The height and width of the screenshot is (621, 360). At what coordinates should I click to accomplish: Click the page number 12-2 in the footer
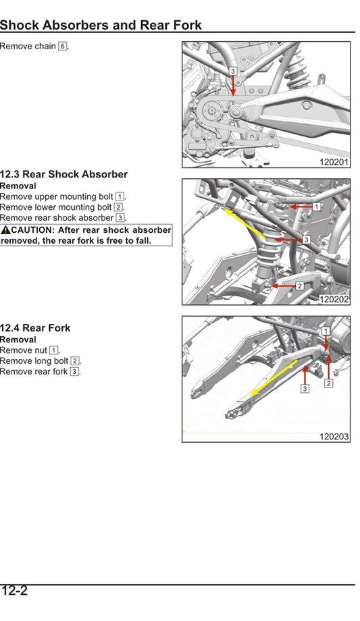(x=14, y=592)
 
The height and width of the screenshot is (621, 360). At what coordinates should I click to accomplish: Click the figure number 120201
(x=334, y=162)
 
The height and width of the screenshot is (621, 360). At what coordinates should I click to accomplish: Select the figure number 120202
(x=334, y=299)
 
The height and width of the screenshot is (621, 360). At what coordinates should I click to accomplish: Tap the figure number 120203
(x=334, y=437)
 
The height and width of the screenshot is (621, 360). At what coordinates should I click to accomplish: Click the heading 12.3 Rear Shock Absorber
(x=63, y=174)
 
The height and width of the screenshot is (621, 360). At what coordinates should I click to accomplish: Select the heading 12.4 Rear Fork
(x=35, y=328)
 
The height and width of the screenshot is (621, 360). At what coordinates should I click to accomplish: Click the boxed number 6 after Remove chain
(x=63, y=47)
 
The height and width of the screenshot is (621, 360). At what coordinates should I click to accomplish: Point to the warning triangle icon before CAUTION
(x=5, y=230)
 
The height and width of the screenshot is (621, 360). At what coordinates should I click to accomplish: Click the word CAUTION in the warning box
(x=32, y=230)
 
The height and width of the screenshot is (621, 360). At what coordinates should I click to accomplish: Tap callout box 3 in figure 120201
(x=233, y=71)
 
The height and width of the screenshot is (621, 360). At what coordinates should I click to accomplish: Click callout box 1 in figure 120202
(x=315, y=206)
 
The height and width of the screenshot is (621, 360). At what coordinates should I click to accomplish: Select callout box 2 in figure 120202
(x=299, y=286)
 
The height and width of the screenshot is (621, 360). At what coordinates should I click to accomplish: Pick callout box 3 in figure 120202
(x=306, y=240)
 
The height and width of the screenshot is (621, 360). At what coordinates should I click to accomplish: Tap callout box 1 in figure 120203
(x=326, y=331)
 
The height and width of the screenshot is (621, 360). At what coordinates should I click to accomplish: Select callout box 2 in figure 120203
(x=328, y=383)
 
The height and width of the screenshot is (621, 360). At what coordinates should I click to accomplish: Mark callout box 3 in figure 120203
(x=305, y=389)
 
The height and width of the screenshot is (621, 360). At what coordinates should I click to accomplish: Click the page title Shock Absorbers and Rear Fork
(x=101, y=26)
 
